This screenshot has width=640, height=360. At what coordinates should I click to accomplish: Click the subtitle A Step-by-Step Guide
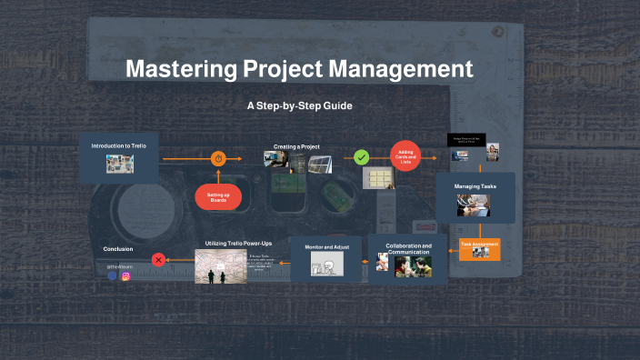click(x=299, y=105)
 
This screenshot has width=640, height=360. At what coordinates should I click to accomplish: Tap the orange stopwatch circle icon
click(x=218, y=159)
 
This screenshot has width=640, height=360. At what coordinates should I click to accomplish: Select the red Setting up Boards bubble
click(x=218, y=196)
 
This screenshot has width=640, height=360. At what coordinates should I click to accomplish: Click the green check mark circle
click(x=362, y=157)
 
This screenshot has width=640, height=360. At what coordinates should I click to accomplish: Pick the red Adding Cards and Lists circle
click(x=406, y=157)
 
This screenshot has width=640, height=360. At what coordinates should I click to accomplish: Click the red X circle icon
click(x=159, y=259)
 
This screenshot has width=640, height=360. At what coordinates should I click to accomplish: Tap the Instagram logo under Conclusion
click(x=126, y=275)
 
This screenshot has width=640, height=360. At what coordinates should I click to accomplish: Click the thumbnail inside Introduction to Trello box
click(x=120, y=164)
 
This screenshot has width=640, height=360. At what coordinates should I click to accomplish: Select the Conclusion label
click(x=119, y=248)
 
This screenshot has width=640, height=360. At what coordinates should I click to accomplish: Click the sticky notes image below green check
click(x=377, y=177)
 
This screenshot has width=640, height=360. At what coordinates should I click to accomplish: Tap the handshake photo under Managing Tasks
click(x=474, y=205)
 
